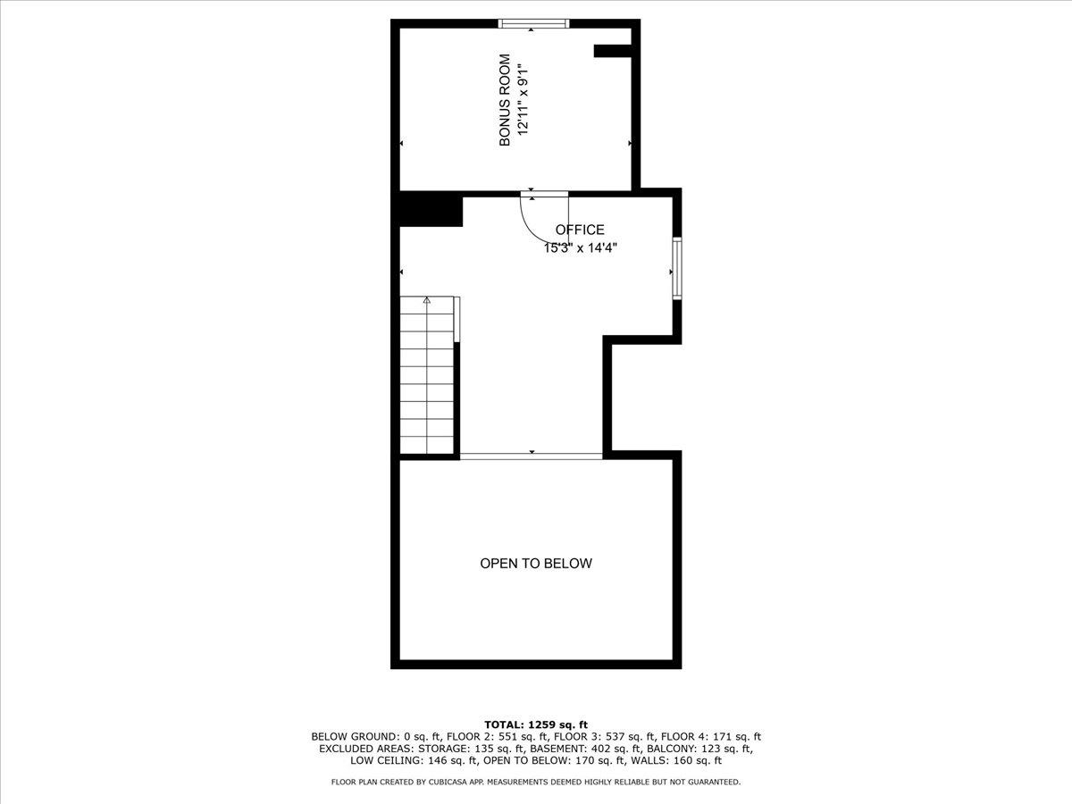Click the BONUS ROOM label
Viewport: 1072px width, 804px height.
coord(505,99)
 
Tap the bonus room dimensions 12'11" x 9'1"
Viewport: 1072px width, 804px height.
coord(523,99)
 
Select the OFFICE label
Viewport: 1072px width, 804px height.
coord(580,230)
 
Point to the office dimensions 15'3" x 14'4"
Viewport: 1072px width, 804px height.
coord(580,248)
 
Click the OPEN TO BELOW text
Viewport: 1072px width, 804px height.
coord(536,564)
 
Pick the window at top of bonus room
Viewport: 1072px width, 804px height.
coord(534,23)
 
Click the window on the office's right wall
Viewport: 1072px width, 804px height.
coord(677,268)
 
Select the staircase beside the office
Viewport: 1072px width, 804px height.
coord(427,375)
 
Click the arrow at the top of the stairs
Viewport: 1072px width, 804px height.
coord(427,300)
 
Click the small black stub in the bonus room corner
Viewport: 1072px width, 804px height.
coord(613,51)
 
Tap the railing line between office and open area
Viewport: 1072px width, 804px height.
coord(531,456)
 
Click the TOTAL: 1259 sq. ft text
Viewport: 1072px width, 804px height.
coord(536,724)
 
